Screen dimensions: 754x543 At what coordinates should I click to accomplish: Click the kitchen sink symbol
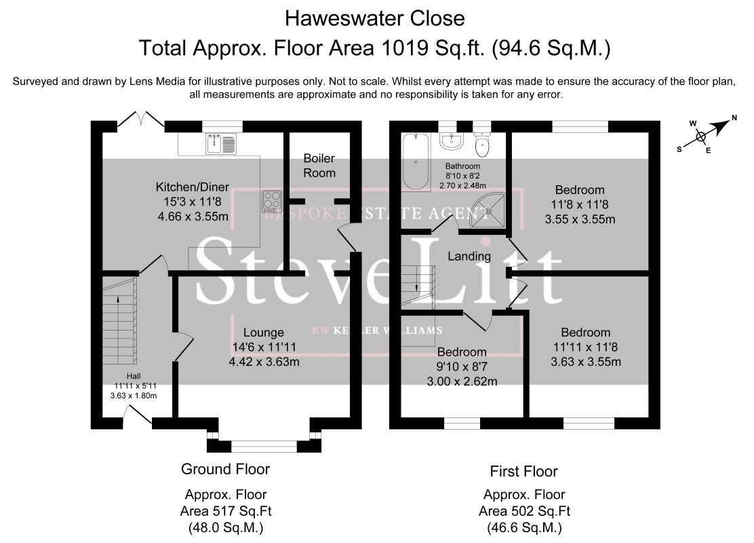click(221, 144)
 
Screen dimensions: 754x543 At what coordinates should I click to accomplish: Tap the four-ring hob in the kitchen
click(272, 202)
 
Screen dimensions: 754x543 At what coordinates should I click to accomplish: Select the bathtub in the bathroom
click(416, 162)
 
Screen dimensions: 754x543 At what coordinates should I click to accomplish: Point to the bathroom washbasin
click(451, 140)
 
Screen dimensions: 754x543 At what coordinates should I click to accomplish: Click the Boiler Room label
click(319, 166)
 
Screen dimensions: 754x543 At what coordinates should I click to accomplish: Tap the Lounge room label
click(264, 332)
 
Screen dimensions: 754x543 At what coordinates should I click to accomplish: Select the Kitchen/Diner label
click(193, 187)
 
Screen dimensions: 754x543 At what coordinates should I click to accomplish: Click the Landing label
click(469, 256)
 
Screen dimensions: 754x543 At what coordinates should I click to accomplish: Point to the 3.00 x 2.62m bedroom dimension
click(462, 381)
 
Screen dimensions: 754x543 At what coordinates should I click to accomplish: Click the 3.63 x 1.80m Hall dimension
click(134, 396)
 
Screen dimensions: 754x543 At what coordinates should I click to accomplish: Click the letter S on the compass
click(679, 149)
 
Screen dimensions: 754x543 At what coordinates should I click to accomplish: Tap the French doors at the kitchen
click(141, 120)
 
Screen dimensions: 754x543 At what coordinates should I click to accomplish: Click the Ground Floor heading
click(226, 469)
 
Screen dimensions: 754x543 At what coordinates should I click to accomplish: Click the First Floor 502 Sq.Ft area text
click(525, 510)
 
